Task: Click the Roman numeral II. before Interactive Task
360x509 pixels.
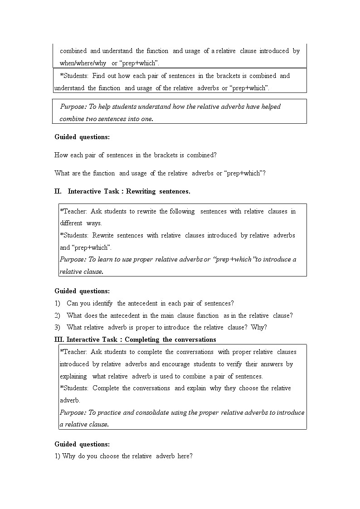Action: tap(58, 191)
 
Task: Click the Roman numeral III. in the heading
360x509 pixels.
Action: tap(60, 339)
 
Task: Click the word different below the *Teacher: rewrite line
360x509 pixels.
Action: tap(71, 223)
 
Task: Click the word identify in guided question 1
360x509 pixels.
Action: tap(102, 303)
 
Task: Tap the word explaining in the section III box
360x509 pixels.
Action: tap(73, 376)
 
